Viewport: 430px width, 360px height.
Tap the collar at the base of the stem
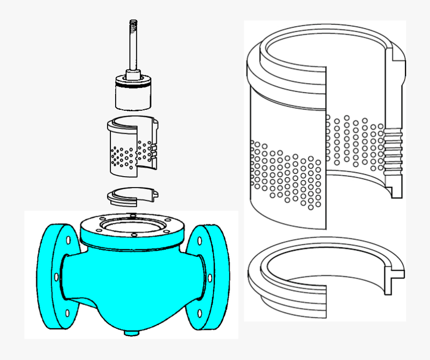coord(133,75)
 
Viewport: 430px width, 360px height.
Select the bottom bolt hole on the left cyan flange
coord(67,313)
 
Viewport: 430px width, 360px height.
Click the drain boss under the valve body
coord(131,332)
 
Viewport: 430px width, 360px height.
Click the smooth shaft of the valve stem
coord(133,48)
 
